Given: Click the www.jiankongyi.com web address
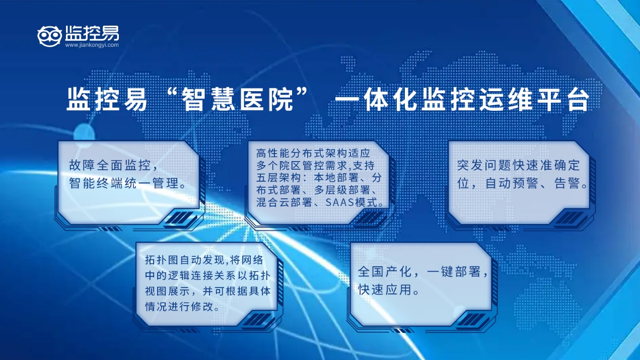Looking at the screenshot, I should pos(92,45).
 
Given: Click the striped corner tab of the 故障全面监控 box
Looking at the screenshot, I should pos(178,218).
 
